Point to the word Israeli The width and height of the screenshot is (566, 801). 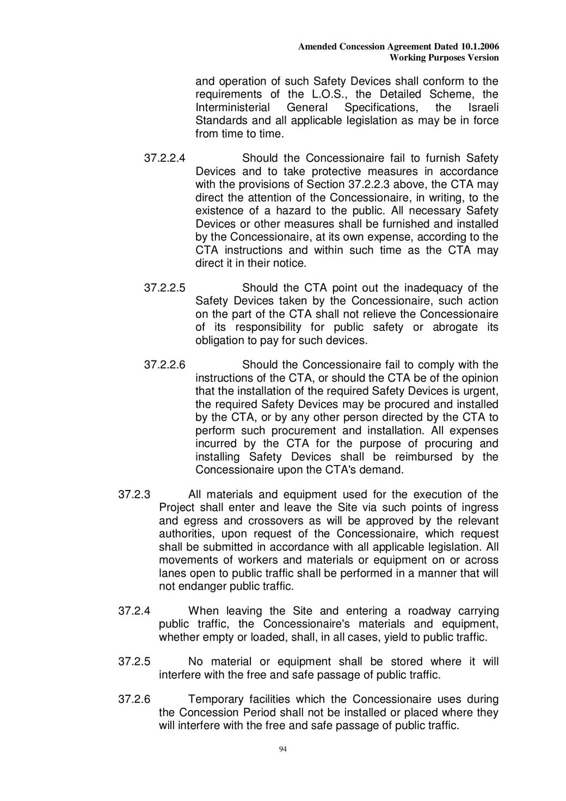[x=483, y=108]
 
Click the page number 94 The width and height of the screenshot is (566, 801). [x=282, y=750]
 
